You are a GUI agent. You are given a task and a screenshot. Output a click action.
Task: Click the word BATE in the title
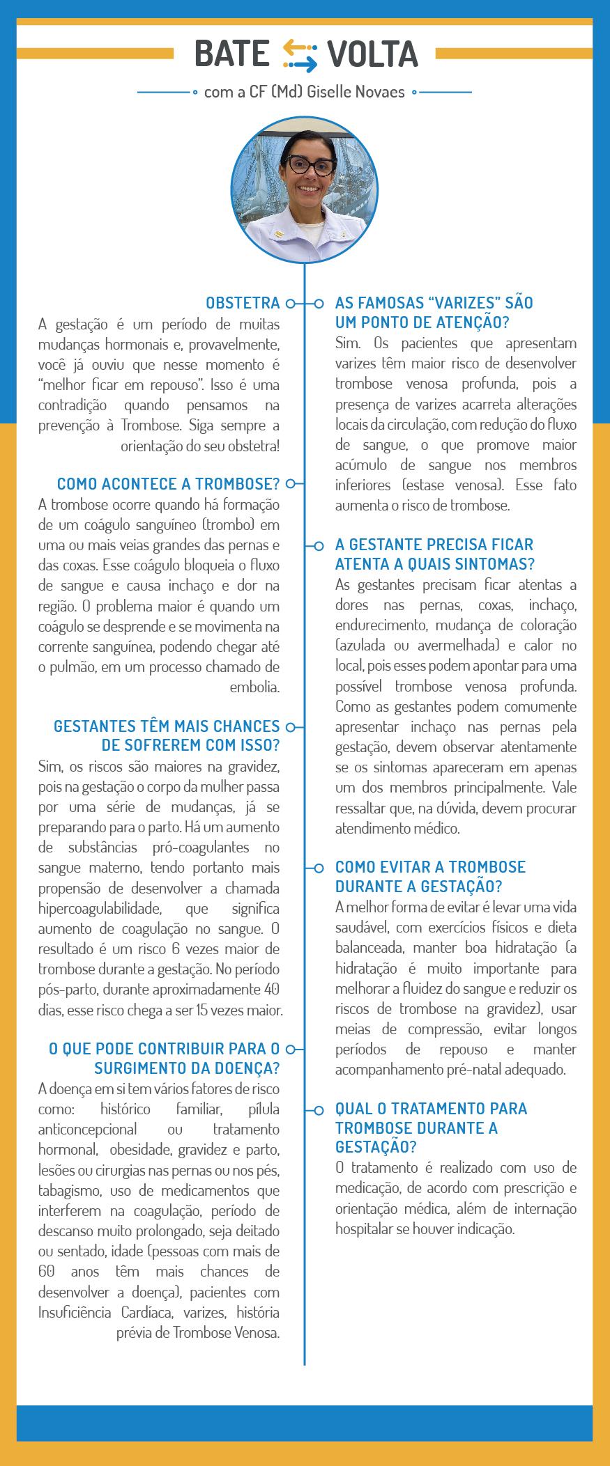coord(231,54)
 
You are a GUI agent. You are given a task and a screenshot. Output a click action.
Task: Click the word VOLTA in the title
coord(372,54)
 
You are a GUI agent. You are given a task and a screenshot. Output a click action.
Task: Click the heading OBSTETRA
coord(243,303)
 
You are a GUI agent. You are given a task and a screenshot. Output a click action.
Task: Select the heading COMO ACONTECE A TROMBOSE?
coord(168,483)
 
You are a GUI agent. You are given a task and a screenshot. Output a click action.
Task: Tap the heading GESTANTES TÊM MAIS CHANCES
coord(167,726)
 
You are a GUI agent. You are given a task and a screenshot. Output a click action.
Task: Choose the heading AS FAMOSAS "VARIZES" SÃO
coord(434,303)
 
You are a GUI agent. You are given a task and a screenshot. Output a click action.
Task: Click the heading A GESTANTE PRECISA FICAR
coord(434,545)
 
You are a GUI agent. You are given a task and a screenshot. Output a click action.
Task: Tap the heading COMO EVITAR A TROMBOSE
coord(430,867)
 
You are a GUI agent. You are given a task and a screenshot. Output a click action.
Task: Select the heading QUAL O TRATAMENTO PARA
coord(431,1108)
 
